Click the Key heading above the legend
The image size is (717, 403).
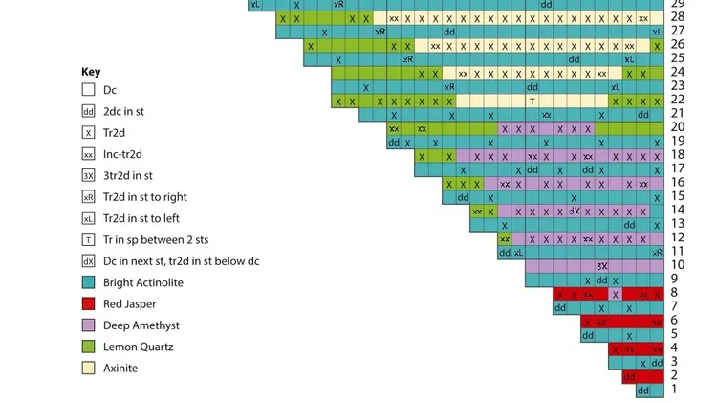[x=91, y=72]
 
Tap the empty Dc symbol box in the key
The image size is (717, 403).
[x=88, y=90]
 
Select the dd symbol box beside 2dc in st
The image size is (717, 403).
[x=88, y=111]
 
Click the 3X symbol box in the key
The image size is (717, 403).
[x=88, y=175]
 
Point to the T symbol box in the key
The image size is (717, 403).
[x=88, y=239]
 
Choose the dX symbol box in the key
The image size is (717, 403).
[x=88, y=260]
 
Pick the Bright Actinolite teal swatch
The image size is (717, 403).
[x=88, y=282]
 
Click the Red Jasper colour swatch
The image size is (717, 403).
[x=88, y=303]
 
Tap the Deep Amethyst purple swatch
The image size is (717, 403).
[x=88, y=325]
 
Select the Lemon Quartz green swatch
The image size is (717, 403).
[x=88, y=347]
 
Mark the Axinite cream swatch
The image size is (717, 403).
[x=88, y=368]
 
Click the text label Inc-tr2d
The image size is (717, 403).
[x=122, y=154]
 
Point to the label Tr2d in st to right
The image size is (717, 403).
[x=144, y=196]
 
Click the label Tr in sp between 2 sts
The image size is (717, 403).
[x=155, y=239]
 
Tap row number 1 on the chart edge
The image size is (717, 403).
[x=674, y=390]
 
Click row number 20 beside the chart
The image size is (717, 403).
[x=677, y=127]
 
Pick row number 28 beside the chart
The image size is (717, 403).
[x=677, y=17]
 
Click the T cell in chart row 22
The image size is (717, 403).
[x=532, y=101]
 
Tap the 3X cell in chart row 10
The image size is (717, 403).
[x=601, y=266]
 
